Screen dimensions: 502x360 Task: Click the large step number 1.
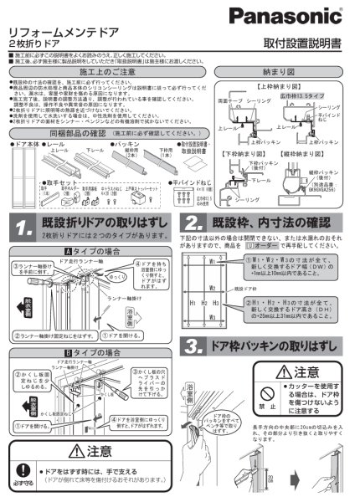[x=24, y=225]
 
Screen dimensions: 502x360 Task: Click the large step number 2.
[x=193, y=224]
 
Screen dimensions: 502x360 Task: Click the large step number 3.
[x=193, y=346]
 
